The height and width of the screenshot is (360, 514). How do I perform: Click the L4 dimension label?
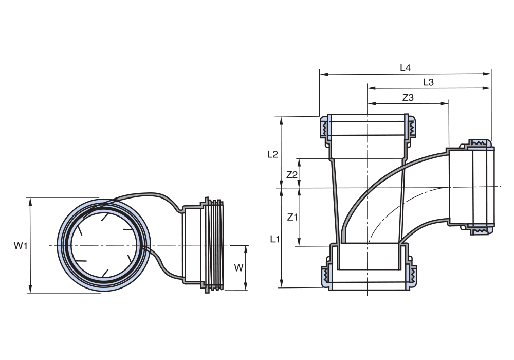(x=405, y=67)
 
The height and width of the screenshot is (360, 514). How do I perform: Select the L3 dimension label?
(x=428, y=82)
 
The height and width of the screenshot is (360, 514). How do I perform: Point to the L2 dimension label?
(x=273, y=154)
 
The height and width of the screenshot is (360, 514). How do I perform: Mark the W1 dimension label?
(x=21, y=246)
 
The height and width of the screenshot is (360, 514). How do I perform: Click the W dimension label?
(x=238, y=268)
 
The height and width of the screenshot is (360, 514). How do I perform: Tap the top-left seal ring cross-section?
(x=325, y=129)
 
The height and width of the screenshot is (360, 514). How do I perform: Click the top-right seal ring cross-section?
(x=412, y=128)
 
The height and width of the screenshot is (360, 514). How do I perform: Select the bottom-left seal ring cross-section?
(x=325, y=276)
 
